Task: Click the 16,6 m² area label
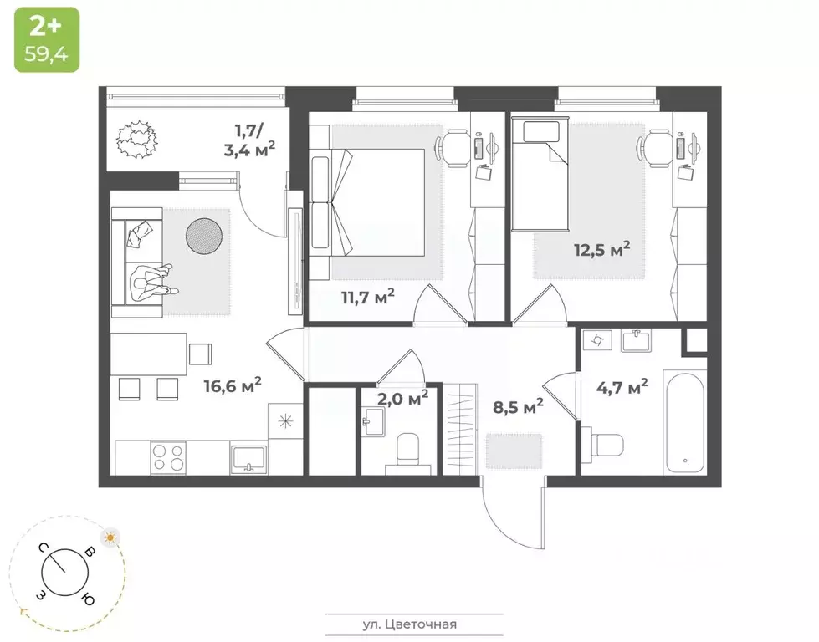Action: (x=233, y=385)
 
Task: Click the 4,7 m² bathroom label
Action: (x=622, y=386)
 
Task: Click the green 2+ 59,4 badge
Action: (x=46, y=39)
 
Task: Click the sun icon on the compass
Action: (x=110, y=538)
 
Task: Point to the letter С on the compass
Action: (x=40, y=548)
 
